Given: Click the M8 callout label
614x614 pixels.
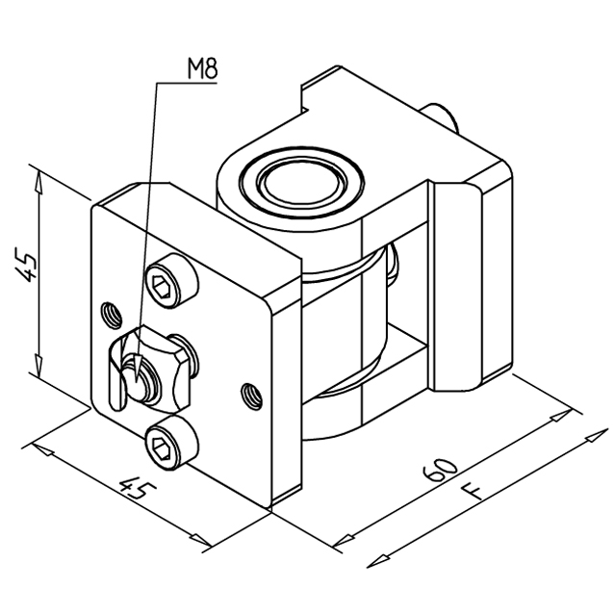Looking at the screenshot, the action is coord(202,68).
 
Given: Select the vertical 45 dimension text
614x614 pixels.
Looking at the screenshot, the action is coord(25,264).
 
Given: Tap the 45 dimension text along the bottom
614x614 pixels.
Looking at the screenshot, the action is coord(138,488).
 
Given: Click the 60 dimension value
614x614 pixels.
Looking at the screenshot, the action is coord(440,469).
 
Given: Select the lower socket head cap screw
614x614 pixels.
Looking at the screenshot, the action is coord(170,444).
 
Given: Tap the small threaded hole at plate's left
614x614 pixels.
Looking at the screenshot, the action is coord(111,315).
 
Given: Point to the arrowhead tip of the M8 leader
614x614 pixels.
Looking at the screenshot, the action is coord(135,382).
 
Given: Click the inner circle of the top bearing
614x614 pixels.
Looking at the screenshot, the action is coord(300,183).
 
